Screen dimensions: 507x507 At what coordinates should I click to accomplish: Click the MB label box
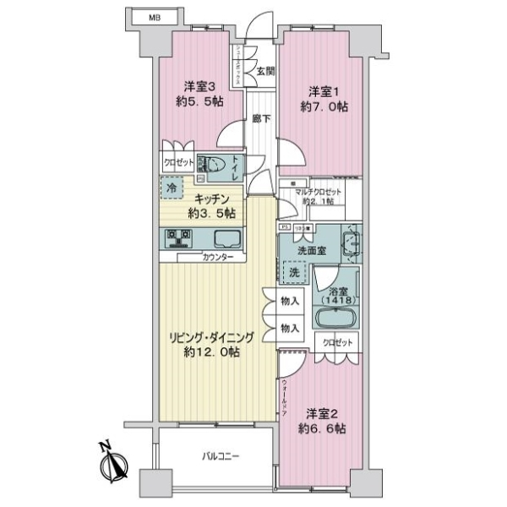point(155,16)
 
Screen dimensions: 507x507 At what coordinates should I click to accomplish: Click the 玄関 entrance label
point(265,71)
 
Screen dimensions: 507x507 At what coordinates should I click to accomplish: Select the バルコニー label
point(221,457)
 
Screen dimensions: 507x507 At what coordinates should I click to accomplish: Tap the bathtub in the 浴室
point(336,319)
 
